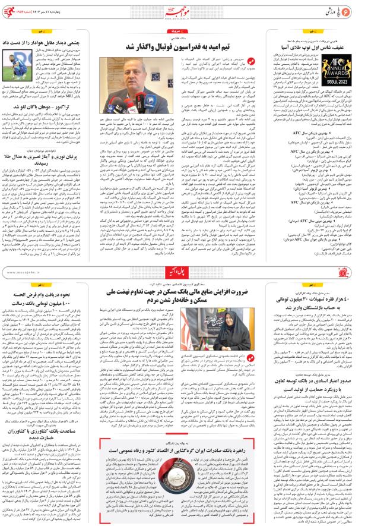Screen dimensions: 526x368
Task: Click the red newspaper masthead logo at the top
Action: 184,10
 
